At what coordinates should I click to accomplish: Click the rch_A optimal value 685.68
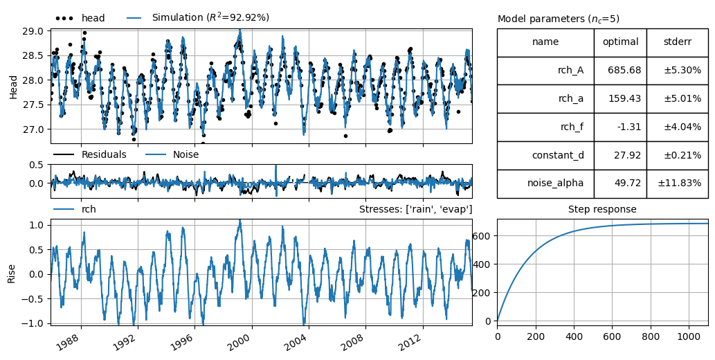(x=624, y=70)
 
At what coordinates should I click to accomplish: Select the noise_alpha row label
(x=555, y=183)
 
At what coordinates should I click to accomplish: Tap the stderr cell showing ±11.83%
(x=680, y=183)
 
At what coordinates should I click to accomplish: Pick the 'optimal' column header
(x=621, y=42)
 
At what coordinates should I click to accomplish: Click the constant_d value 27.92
(x=628, y=155)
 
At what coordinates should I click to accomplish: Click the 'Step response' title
(x=602, y=210)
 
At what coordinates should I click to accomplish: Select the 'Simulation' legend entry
(x=210, y=18)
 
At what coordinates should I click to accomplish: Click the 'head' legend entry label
(x=93, y=18)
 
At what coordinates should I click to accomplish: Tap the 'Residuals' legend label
(x=104, y=154)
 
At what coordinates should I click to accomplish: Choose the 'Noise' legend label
(x=185, y=154)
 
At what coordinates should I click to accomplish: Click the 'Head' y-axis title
(x=12, y=86)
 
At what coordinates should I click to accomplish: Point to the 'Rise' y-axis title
(x=11, y=273)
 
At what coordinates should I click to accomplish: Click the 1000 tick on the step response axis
(x=689, y=337)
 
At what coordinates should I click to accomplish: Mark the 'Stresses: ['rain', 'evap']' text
(x=415, y=210)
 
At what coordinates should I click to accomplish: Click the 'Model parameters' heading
(x=558, y=19)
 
